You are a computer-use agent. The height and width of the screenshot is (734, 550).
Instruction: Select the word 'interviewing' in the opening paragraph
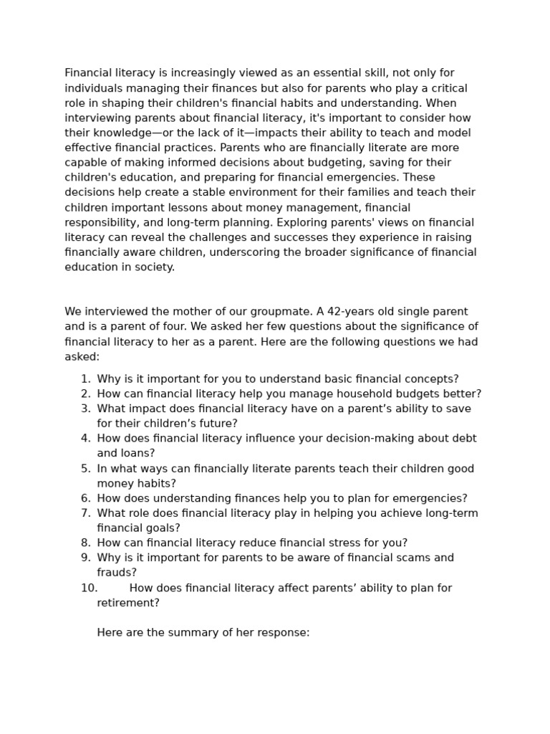[96, 118]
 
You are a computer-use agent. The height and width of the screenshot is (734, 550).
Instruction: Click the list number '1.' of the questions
[85, 379]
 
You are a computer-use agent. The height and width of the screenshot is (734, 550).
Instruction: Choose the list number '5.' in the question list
[85, 469]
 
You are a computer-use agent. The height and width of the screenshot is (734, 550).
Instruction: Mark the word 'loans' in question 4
[137, 454]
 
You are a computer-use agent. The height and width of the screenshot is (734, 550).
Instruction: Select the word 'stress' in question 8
[357, 543]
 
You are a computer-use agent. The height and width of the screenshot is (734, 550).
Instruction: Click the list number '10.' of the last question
[89, 588]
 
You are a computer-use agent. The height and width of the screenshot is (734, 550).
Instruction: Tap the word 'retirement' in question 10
[127, 604]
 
